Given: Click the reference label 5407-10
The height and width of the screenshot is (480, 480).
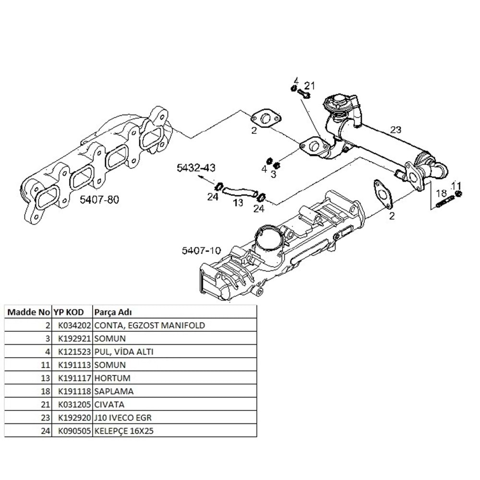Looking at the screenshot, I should click(201, 250).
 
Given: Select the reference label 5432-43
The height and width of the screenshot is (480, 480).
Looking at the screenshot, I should click(195, 168).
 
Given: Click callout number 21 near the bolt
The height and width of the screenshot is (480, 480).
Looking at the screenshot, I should click(310, 86).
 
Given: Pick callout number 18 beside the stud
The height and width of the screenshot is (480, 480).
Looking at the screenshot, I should click(442, 193).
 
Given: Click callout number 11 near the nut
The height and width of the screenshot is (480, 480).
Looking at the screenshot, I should click(456, 185).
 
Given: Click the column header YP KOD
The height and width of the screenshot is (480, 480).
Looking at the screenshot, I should click(68, 312).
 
